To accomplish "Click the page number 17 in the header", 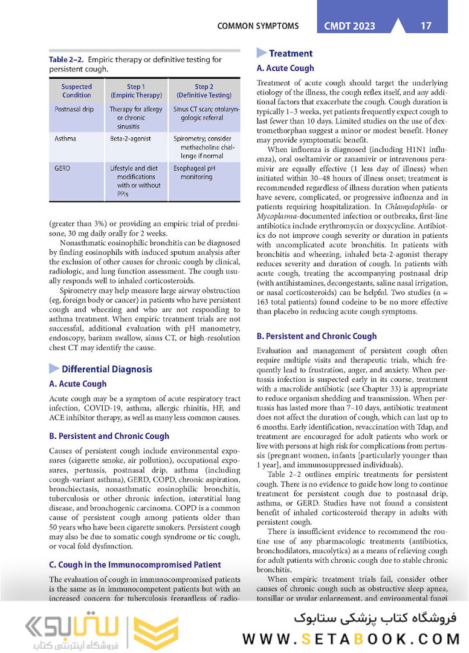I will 426,25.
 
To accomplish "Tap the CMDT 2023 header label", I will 350,26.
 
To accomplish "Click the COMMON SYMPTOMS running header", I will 258,26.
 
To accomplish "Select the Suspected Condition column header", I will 77,91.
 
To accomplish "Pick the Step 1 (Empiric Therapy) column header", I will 135,91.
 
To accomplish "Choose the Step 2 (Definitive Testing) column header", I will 204,91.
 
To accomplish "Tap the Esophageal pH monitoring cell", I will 193,172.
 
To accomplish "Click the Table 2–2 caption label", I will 66,60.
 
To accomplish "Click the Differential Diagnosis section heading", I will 106,369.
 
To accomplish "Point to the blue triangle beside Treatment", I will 261,53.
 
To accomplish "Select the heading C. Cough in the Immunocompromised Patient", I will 135,565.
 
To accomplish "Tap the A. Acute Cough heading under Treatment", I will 285,68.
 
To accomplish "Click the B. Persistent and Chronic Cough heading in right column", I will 316,336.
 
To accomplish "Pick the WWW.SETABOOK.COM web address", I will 351,638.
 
